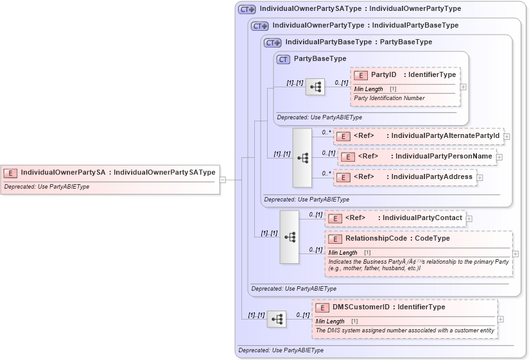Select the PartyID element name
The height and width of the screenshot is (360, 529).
tap(383, 75)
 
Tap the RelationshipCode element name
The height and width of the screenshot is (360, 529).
tap(372, 238)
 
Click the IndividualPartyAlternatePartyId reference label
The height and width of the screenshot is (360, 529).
tap(445, 136)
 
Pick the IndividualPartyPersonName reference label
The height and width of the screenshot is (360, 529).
tap(444, 156)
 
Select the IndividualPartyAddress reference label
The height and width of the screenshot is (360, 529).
tap(431, 176)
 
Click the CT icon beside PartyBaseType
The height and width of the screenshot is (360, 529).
tap(283, 59)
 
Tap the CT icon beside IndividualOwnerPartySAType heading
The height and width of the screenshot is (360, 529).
tap(247, 10)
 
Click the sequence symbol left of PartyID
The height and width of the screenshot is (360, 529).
tap(315, 87)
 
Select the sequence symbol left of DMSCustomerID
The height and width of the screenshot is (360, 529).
tap(276, 319)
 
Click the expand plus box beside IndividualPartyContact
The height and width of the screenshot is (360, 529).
tap(469, 219)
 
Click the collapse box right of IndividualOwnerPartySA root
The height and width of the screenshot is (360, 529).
tap(222, 180)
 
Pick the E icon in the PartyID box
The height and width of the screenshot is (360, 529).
tap(360, 75)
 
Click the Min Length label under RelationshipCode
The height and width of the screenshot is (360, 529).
tap(342, 253)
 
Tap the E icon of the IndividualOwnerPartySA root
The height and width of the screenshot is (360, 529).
tap(10, 173)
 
